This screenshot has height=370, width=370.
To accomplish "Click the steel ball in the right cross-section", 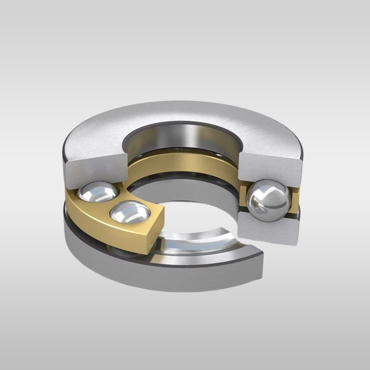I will point(269,200).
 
